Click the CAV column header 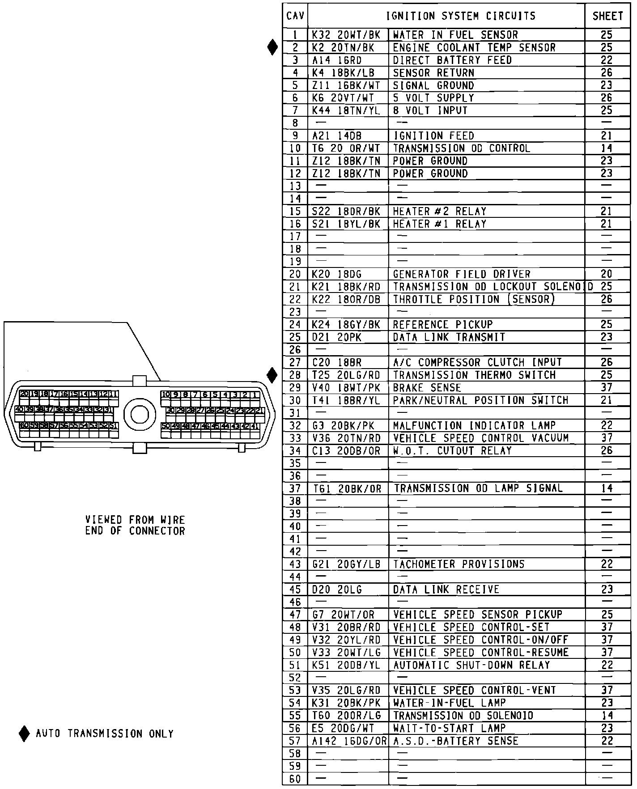click(295, 17)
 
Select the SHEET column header click(607, 17)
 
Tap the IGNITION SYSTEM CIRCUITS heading click(461, 17)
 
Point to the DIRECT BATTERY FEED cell click(452, 60)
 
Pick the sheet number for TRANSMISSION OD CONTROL click(607, 148)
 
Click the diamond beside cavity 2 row click(272, 47)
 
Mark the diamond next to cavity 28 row click(272, 375)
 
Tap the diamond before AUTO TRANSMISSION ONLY click(24, 734)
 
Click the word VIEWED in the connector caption click(103, 520)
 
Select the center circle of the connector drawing click(139, 415)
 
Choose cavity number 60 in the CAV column click(295, 779)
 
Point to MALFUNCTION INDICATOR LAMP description click(474, 425)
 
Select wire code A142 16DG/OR click(349, 741)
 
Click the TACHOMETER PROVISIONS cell click(459, 564)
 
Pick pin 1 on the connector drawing click(255, 394)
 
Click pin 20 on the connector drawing click(24, 394)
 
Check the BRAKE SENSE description click(427, 388)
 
